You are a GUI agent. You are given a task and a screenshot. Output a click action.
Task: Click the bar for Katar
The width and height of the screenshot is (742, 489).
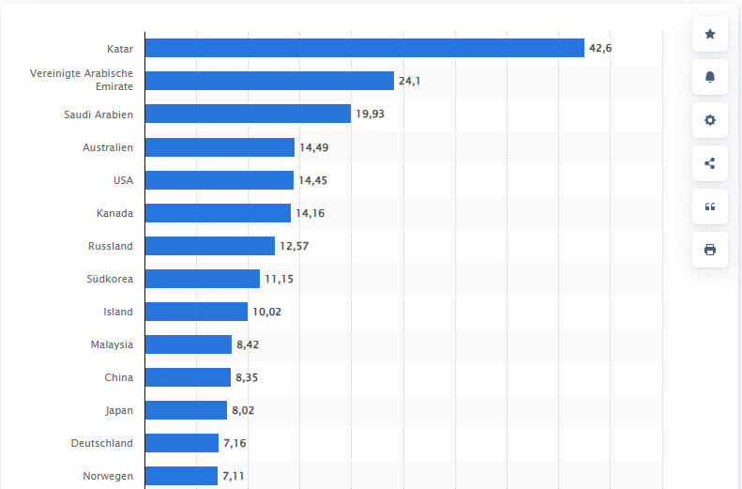point(364,48)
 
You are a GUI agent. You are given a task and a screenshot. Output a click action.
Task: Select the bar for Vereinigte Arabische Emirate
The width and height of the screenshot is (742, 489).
point(269,81)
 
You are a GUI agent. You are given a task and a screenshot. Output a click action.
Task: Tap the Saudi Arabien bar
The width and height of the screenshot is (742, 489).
point(248,114)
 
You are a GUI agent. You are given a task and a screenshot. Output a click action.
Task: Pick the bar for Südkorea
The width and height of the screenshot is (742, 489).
point(203,279)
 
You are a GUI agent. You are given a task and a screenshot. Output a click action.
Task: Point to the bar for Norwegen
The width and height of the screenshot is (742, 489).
point(181,476)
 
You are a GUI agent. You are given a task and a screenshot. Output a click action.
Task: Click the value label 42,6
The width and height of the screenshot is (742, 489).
point(600,48)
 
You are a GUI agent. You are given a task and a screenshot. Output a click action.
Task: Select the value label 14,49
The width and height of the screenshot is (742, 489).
point(313,147)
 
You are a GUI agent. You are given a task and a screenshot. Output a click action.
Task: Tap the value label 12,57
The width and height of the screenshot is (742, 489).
point(294,246)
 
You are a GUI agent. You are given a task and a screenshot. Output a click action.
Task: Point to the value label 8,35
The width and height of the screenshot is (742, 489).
point(248,377)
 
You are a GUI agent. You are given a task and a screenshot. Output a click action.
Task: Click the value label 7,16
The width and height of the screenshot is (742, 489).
point(234,443)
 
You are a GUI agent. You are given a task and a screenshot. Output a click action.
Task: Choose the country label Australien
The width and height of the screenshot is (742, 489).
point(108,147)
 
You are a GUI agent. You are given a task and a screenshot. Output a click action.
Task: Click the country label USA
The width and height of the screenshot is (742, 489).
point(122,180)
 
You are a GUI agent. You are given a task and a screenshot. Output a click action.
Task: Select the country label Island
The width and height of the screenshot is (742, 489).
point(118,312)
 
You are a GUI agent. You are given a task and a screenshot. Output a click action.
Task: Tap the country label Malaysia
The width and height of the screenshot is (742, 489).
point(112,344)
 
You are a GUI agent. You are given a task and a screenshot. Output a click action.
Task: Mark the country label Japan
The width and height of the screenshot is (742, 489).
point(119,410)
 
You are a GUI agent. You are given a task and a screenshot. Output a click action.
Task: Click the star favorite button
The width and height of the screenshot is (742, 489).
point(710,35)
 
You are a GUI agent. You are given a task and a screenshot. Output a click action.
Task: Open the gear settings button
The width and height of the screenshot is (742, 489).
point(710,120)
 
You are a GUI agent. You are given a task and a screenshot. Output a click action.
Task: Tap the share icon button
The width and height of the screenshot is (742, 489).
point(710,163)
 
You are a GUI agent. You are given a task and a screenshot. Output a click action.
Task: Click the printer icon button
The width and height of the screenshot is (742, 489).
point(710,249)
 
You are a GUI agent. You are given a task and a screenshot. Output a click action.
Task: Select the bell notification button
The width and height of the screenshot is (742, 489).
point(710,78)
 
